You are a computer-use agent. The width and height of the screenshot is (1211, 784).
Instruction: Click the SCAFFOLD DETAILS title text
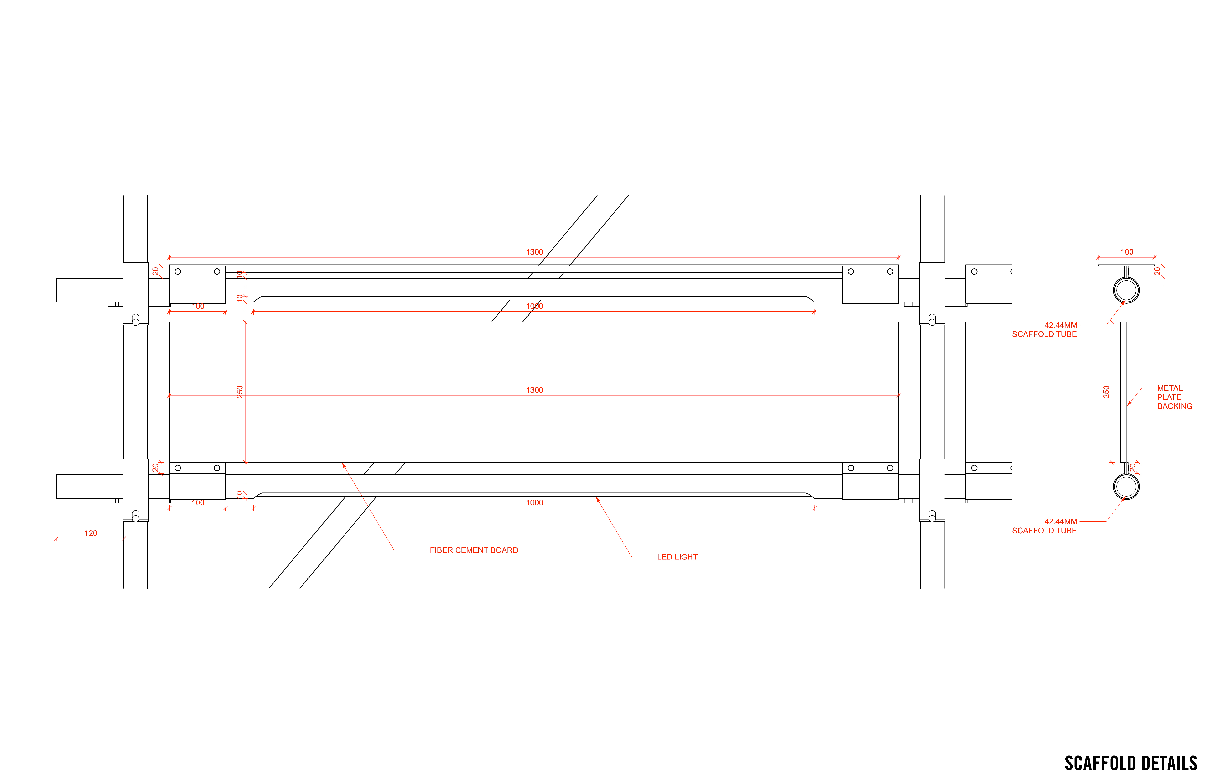point(1131,763)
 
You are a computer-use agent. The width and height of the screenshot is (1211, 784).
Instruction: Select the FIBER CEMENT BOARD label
point(474,550)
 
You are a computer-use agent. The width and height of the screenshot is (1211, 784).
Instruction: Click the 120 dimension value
point(90,533)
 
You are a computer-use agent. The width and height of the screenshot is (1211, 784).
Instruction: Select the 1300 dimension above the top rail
point(534,252)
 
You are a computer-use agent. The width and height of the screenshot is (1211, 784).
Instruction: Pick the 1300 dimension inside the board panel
point(534,390)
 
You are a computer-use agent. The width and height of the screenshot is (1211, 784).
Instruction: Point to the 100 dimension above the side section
point(1127,252)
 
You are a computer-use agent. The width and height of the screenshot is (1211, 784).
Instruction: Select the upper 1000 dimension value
point(534,306)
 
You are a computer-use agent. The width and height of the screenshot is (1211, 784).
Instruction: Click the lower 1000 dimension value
point(534,502)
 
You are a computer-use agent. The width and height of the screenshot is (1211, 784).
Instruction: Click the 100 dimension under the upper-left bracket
point(198,306)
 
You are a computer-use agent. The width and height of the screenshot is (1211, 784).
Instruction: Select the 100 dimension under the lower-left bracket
point(198,502)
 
